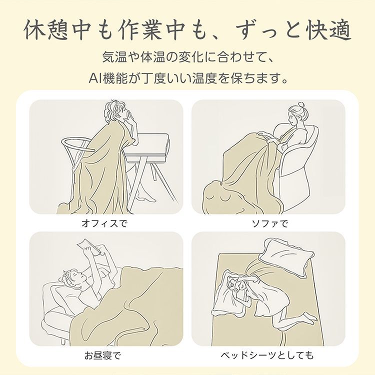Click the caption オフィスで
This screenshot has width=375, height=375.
104,223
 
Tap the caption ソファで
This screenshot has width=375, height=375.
269,223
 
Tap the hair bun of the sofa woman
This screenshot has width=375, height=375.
302,106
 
